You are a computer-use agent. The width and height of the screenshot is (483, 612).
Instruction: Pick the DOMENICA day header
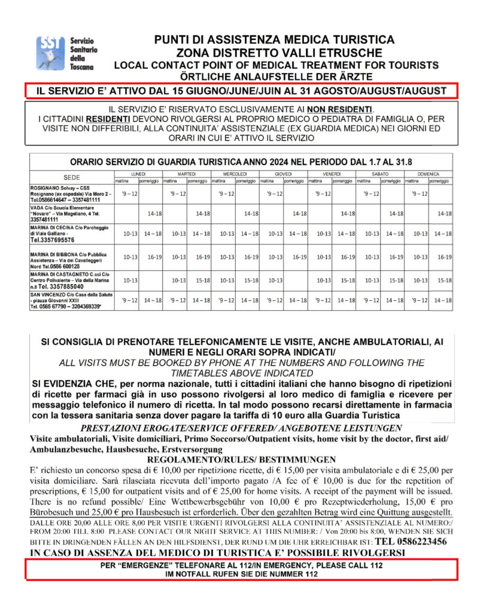[x=429, y=173]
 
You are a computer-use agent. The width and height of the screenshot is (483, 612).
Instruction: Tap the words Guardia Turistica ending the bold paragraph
[x=372, y=415]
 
